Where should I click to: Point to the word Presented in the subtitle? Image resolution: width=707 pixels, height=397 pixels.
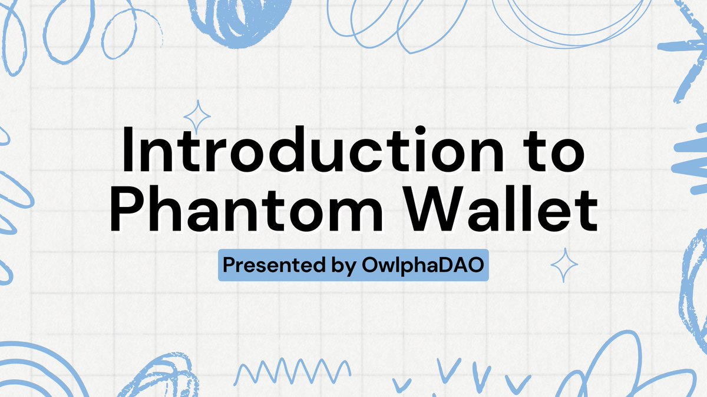point(272,266)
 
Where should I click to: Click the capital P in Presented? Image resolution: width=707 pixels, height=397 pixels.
point(229,266)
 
